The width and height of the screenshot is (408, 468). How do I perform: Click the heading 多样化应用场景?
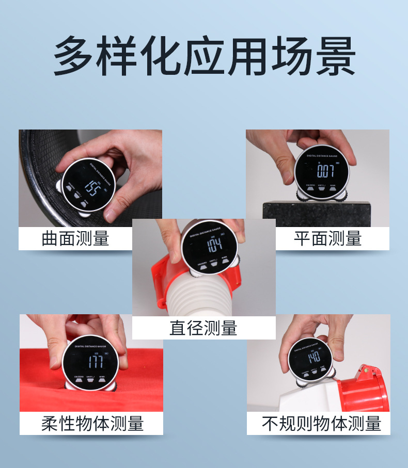[204, 56]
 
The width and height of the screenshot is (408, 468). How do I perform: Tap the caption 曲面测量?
[75, 238]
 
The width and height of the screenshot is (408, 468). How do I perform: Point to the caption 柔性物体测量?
[92, 424]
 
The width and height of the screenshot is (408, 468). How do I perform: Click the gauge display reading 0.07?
[325, 170]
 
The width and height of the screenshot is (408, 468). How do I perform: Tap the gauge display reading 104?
[214, 244]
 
